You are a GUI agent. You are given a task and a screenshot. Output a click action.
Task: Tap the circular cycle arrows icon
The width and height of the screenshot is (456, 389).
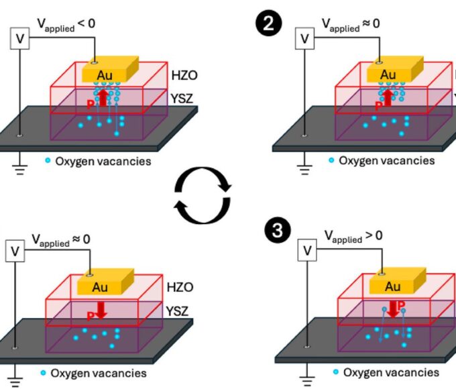coord(203,194)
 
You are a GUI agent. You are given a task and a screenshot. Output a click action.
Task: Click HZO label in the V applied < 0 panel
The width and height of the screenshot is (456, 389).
coord(177,75)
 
